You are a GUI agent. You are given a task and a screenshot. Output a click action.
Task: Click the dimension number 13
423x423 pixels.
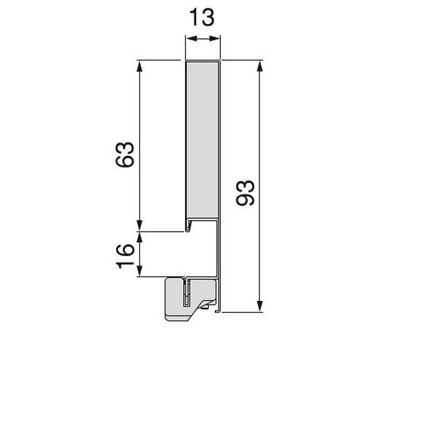point(202,17)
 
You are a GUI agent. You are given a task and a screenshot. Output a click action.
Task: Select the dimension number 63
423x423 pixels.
point(125,154)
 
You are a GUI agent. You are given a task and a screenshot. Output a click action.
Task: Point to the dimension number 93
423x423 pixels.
point(245,193)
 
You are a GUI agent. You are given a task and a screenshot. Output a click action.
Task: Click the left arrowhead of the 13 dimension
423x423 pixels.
point(191,39)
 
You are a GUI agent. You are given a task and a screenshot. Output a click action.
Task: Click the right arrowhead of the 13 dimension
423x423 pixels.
point(215,39)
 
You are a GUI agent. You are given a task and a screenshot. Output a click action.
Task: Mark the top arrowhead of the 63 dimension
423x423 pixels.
point(139,67)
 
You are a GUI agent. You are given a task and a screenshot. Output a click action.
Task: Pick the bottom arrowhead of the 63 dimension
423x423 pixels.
point(139,226)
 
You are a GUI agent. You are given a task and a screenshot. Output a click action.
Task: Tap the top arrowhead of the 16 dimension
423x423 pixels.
point(139,237)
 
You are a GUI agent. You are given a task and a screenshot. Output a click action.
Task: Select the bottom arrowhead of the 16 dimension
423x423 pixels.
point(139,271)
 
